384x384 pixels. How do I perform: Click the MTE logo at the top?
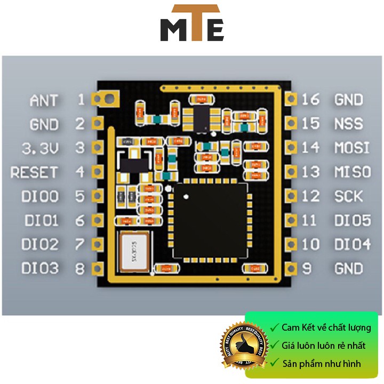[192, 23]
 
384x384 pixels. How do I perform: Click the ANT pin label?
[44, 100]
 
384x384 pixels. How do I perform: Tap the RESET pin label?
[34, 172]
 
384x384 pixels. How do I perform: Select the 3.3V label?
[39, 148]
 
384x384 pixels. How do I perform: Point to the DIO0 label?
[40, 196]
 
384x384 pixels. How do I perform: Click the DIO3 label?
[40, 268]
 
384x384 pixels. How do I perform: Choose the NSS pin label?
[348, 124]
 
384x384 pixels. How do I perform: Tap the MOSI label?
[351, 148]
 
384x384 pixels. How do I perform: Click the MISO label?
[351, 172]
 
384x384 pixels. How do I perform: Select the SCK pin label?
[348, 196]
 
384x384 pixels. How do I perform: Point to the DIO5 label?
[351, 220]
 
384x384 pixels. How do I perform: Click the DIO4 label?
[351, 244]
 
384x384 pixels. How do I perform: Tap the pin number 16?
[310, 100]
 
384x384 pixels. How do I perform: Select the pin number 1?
[81, 100]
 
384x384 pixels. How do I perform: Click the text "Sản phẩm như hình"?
[322, 364]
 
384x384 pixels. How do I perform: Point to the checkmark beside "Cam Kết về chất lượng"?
[274, 327]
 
